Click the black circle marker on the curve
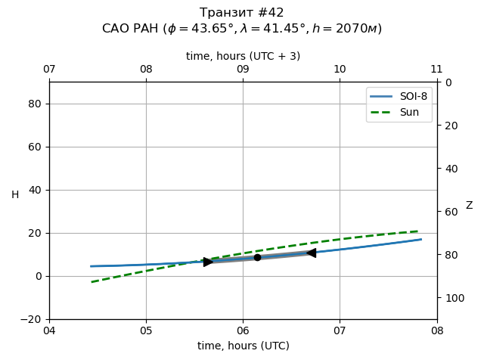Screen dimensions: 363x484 pyautogui.click(x=257, y=257)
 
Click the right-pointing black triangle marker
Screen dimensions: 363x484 pyautogui.click(x=208, y=262)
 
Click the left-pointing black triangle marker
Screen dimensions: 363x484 pyautogui.click(x=311, y=253)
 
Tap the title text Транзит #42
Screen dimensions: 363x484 pyautogui.click(x=242, y=13)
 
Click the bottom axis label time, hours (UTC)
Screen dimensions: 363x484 pyautogui.click(x=243, y=346)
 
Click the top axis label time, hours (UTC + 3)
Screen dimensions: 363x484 pyautogui.click(x=243, y=56)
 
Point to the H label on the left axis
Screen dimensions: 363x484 pyautogui.click(x=15, y=195)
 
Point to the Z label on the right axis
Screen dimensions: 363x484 pyautogui.click(x=469, y=206)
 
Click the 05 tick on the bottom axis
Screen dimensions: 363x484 pyautogui.click(x=146, y=330)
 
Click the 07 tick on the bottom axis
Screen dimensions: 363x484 pyautogui.click(x=340, y=330)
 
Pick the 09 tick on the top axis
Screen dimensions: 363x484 pyautogui.click(x=243, y=70)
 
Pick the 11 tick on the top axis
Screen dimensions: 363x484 pyautogui.click(x=436, y=70)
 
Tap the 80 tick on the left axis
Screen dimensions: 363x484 pyautogui.click(x=35, y=104)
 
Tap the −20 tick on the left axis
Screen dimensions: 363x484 pyautogui.click(x=32, y=319)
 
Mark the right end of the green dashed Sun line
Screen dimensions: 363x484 pyautogui.click(x=418, y=231)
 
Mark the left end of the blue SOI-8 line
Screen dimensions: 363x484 pyautogui.click(x=91, y=266)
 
